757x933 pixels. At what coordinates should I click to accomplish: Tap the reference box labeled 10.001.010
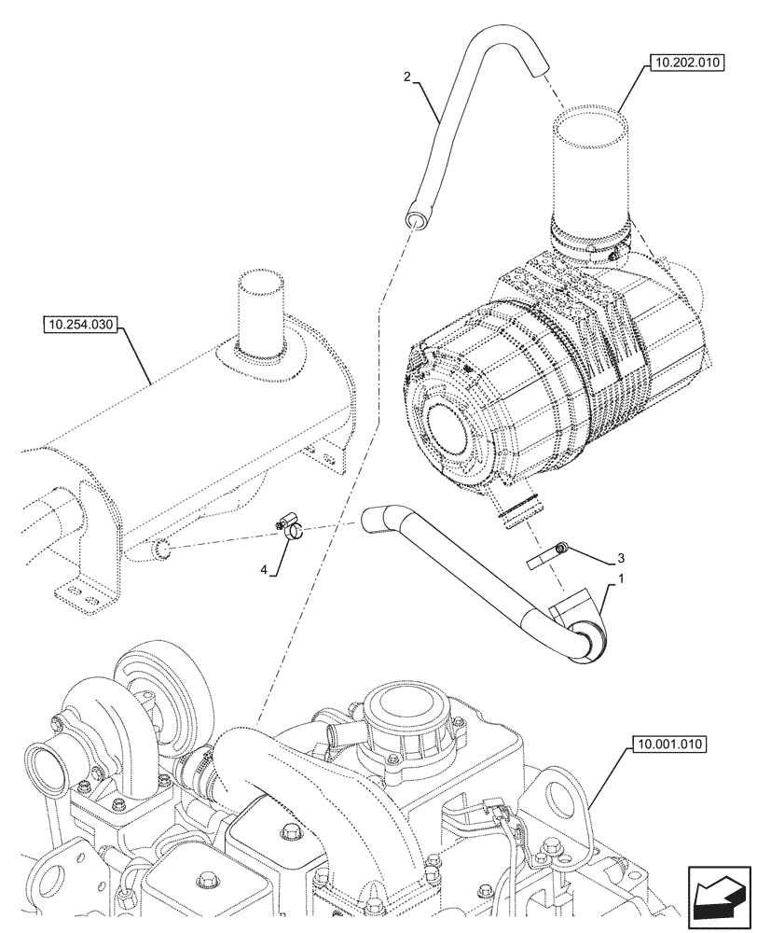(670, 744)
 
